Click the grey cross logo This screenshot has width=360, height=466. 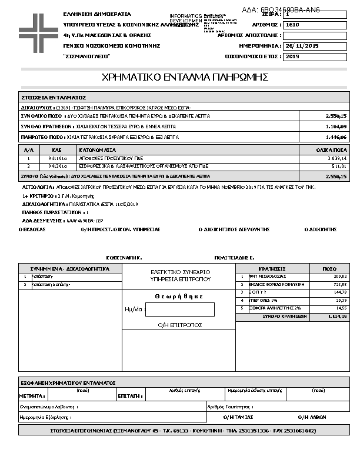(x=35, y=28)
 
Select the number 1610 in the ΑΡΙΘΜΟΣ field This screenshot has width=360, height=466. (x=292, y=25)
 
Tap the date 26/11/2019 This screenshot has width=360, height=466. (x=301, y=46)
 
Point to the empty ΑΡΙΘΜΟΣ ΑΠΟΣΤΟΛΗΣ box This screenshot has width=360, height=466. (x=314, y=36)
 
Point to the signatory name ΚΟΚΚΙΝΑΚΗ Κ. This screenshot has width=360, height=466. (x=124, y=258)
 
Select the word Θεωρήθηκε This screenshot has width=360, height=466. (x=179, y=297)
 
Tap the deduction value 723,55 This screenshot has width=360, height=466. (x=340, y=284)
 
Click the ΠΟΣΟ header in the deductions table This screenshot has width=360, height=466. (x=329, y=268)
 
